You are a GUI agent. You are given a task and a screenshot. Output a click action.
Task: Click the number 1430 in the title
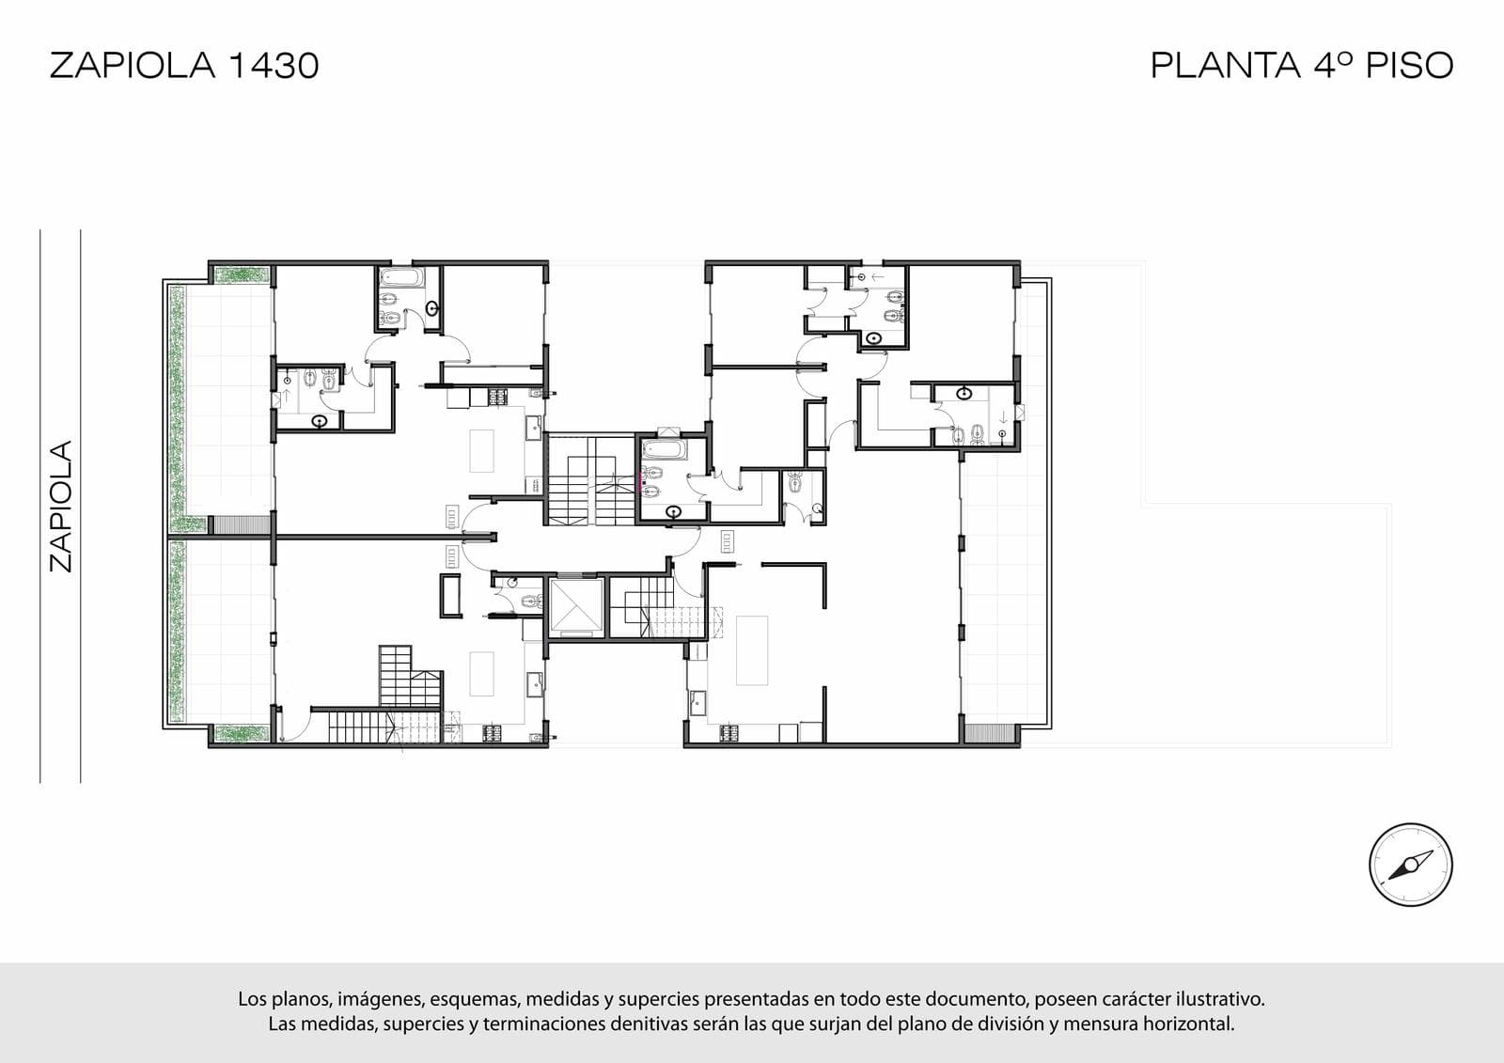(274, 66)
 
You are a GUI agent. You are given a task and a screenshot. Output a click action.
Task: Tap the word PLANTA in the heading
(1226, 66)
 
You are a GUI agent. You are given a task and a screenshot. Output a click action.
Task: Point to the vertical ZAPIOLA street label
(60, 507)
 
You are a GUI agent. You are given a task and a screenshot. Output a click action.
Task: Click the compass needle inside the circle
(1411, 866)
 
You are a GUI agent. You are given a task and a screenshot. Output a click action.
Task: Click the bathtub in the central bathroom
(664, 449)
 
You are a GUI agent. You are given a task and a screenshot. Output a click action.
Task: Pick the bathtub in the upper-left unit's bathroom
(401, 278)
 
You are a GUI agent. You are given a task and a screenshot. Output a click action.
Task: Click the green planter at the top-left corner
(242, 274)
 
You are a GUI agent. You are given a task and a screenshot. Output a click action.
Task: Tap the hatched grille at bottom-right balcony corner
(991, 733)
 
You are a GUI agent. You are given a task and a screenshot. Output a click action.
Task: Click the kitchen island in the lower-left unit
(481, 674)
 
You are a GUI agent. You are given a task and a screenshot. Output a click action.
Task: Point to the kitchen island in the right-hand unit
(751, 650)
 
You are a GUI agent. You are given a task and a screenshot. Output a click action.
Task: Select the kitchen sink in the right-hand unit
(697, 703)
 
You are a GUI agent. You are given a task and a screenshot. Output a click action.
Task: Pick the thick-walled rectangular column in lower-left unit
(450, 596)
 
